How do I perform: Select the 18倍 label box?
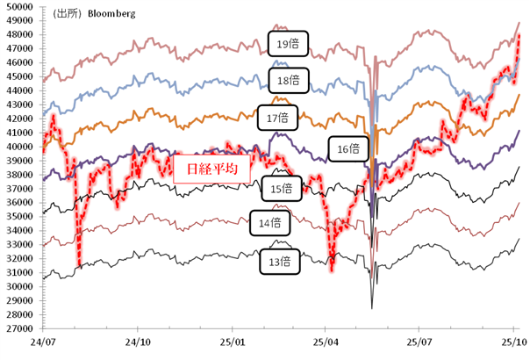(283, 80)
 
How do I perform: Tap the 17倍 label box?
(278, 117)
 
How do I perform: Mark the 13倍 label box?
(278, 260)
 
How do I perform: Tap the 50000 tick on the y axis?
(18, 6)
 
